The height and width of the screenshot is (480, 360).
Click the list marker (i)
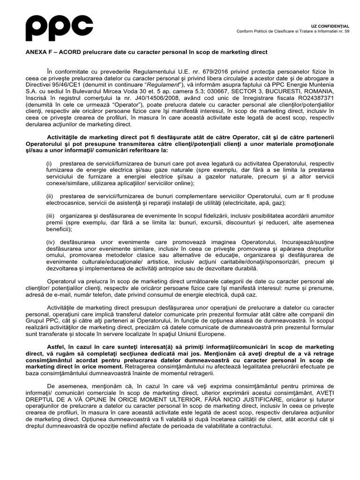pos(49,163)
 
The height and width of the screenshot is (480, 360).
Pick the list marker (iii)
pos(51,216)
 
